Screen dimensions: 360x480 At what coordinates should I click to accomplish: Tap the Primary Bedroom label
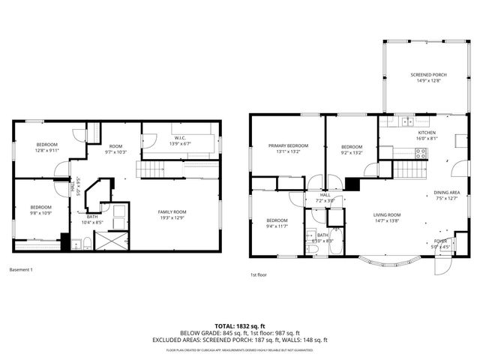coord(288,146)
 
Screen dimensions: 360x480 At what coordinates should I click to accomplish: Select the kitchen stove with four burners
coord(421,152)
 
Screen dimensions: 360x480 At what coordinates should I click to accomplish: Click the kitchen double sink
coord(406,121)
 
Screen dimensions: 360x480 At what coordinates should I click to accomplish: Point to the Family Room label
coord(172,212)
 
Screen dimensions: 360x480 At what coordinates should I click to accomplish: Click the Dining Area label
coord(447,193)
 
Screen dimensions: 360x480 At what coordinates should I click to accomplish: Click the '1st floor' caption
coord(259,275)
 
